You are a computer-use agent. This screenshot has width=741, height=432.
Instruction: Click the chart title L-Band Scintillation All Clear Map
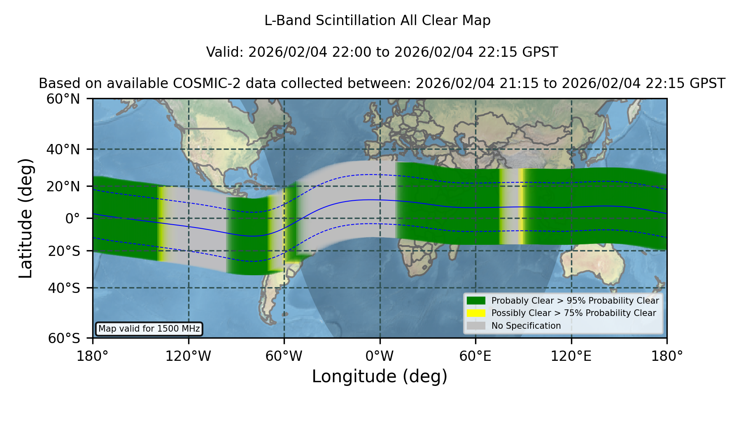click(377, 21)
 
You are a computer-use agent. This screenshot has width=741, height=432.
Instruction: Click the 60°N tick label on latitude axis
click(63, 99)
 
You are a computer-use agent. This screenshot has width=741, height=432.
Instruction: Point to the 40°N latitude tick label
click(63, 149)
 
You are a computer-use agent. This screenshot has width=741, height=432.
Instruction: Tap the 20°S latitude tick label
click(64, 251)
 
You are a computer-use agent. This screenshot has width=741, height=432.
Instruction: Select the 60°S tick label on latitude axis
click(64, 338)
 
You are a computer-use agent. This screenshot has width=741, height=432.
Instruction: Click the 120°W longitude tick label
click(188, 356)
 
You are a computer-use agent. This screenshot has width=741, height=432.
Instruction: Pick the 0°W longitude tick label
click(380, 356)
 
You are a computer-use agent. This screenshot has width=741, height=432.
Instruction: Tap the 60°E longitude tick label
click(475, 356)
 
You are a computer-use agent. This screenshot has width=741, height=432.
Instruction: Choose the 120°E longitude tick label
click(571, 356)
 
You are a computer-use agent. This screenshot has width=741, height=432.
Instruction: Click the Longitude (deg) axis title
click(380, 376)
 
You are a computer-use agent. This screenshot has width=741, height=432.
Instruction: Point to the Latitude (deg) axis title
click(26, 218)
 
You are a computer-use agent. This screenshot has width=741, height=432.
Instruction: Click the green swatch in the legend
click(476, 301)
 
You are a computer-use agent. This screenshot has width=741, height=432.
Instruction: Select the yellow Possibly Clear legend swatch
click(476, 313)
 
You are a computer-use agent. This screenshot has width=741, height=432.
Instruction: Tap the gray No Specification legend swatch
click(476, 326)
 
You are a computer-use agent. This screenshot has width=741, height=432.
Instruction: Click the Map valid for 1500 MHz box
click(149, 329)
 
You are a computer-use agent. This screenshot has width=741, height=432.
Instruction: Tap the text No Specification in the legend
click(526, 326)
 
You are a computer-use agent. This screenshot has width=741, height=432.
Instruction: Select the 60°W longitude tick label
click(284, 356)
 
